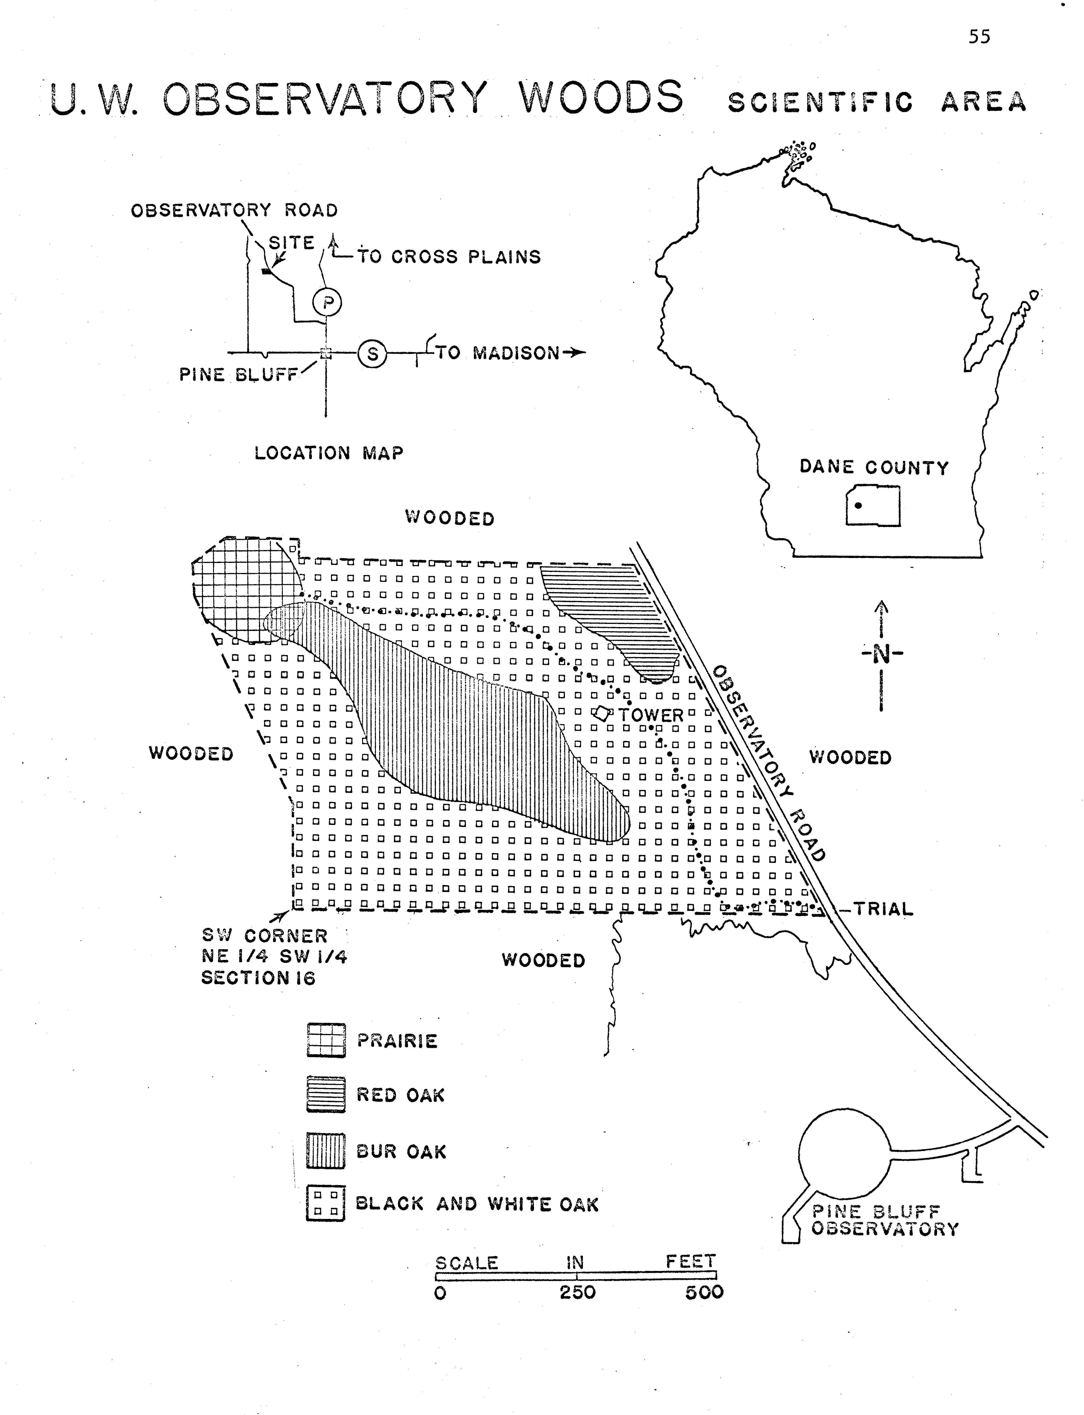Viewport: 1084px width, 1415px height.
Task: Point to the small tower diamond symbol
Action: (602, 713)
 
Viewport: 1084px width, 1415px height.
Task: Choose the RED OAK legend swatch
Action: (326, 1095)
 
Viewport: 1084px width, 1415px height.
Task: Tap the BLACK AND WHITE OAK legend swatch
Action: (326, 1204)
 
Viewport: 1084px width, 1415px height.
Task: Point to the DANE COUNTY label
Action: (874, 467)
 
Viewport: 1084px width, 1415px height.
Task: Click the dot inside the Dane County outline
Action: (858, 505)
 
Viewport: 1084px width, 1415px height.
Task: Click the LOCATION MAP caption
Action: (329, 453)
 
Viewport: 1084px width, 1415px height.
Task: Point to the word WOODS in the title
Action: (601, 98)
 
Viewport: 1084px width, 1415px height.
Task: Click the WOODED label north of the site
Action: (450, 518)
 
